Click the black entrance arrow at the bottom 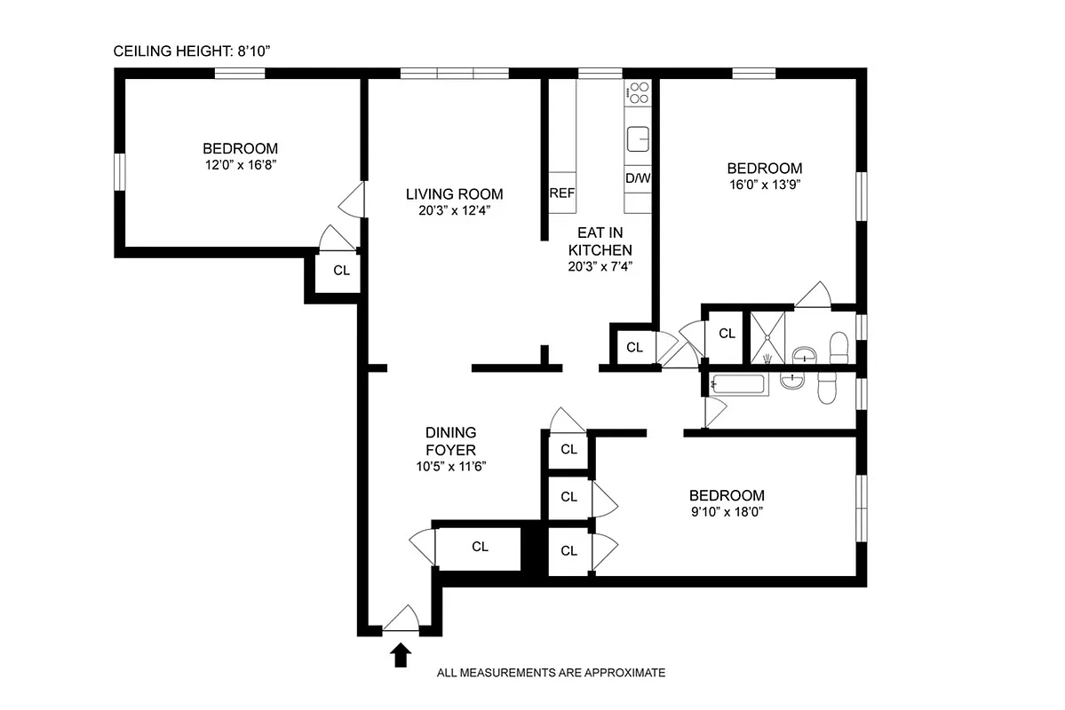[401, 655]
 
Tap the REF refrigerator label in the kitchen [561, 194]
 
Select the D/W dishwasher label [638, 177]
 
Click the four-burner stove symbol [638, 92]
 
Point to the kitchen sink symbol [638, 139]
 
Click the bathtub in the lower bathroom [737, 385]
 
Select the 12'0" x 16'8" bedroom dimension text [240, 165]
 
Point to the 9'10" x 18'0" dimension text [726, 512]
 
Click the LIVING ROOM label [454, 194]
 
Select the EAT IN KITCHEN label [600, 241]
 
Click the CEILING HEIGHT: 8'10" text [191, 51]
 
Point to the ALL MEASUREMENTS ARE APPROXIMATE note [551, 673]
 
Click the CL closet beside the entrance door [480, 547]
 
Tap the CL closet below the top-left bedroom [341, 272]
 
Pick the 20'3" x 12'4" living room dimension [454, 210]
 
